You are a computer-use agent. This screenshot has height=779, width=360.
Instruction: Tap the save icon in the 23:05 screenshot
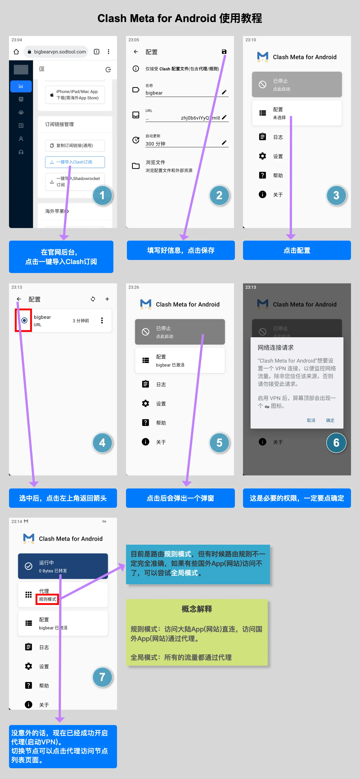(224, 52)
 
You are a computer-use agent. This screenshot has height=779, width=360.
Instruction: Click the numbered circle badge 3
(336, 195)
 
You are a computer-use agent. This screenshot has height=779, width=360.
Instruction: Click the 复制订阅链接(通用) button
(75, 146)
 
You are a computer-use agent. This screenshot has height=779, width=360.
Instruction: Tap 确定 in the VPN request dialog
(330, 420)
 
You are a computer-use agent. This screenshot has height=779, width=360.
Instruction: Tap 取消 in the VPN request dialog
(311, 420)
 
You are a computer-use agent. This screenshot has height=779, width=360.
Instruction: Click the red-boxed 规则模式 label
(47, 599)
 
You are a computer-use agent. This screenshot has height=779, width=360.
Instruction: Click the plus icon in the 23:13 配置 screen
(107, 299)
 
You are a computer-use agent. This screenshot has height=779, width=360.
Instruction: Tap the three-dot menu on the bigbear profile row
(102, 320)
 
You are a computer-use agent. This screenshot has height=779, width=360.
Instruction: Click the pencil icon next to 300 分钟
(224, 142)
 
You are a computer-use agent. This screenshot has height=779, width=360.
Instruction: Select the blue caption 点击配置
(297, 250)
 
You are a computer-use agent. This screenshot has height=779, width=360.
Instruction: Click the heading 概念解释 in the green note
(197, 609)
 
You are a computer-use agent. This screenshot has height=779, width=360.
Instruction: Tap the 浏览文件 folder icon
(136, 166)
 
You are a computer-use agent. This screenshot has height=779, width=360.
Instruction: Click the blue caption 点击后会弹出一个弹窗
(180, 498)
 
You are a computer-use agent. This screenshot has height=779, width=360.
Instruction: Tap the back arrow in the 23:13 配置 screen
(19, 299)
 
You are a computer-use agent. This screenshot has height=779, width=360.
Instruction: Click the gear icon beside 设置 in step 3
(262, 156)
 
